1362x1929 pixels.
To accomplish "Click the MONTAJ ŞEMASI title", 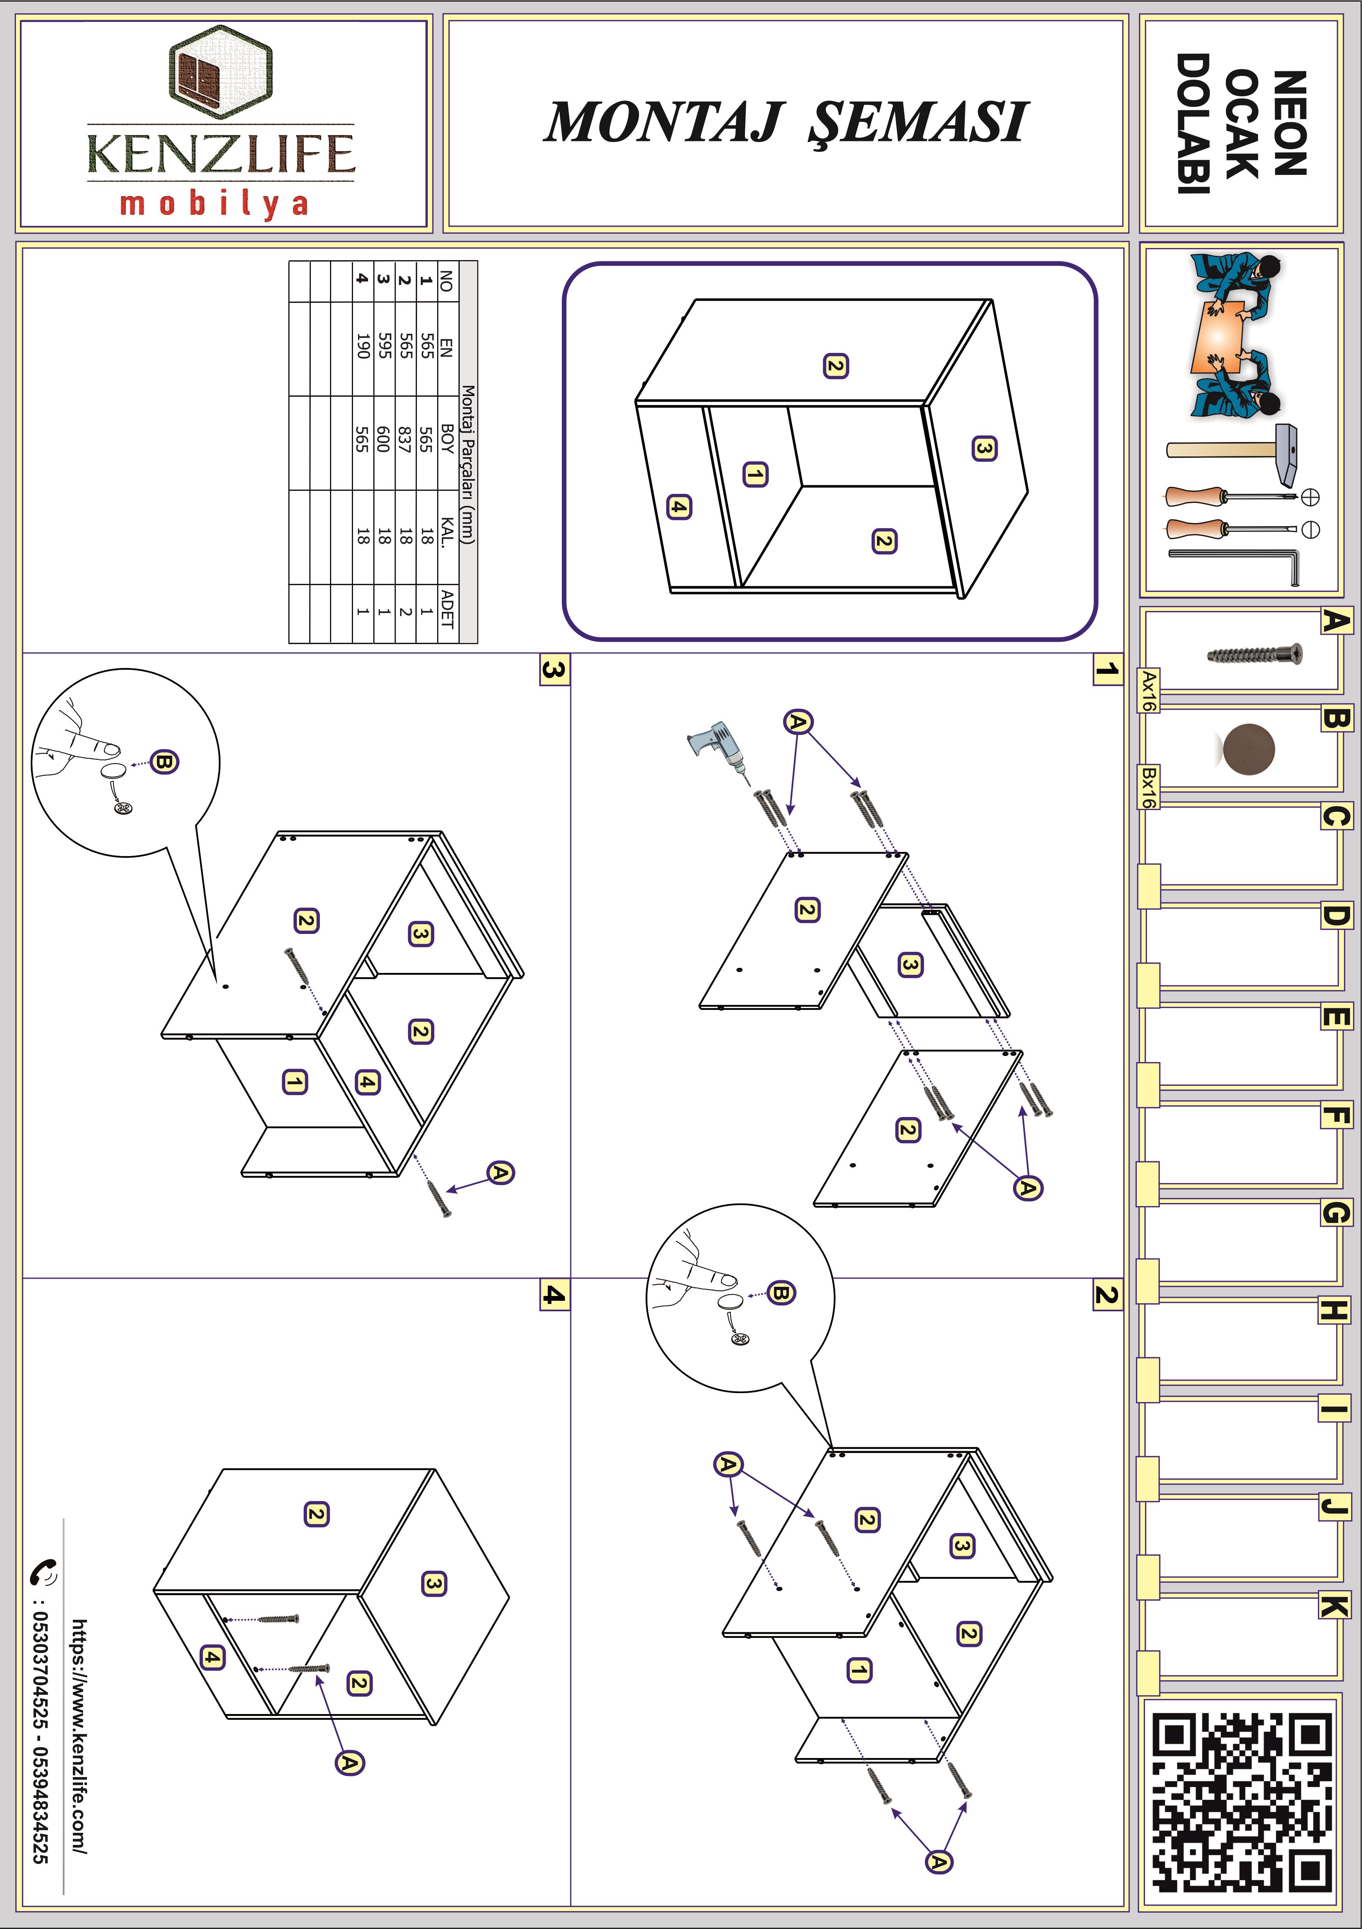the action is pyautogui.click(x=786, y=122).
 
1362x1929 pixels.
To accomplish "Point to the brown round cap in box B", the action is pyautogui.click(x=1249, y=749).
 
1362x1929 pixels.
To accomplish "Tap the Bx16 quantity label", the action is pyautogui.click(x=1148, y=787).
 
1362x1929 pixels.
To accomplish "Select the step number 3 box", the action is pyautogui.click(x=554, y=669).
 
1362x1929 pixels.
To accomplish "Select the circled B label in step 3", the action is pyautogui.click(x=164, y=762).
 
